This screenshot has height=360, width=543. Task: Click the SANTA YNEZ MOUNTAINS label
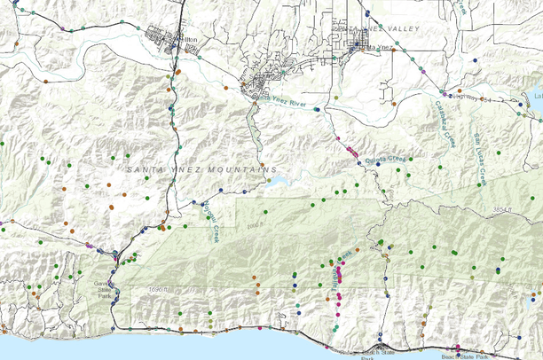click(201, 168)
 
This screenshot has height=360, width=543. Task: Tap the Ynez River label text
click(287, 105)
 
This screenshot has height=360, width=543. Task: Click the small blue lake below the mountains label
click(279, 182)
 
